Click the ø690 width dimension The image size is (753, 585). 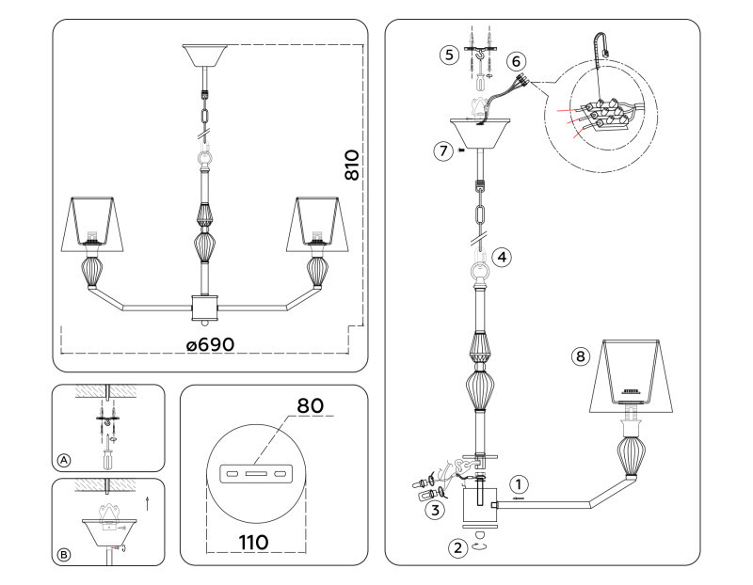click(x=210, y=345)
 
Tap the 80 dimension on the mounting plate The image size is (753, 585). click(x=310, y=405)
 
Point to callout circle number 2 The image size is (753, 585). click(x=457, y=547)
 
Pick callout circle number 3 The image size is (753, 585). click(x=434, y=511)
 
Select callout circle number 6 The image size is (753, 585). click(x=515, y=60)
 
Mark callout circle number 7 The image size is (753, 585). click(x=442, y=150)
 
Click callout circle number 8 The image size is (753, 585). click(x=580, y=356)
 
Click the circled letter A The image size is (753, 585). click(x=63, y=460)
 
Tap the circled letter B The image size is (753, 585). click(x=63, y=554)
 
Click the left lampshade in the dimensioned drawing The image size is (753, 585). click(x=93, y=221)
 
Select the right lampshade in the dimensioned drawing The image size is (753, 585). click(x=316, y=221)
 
